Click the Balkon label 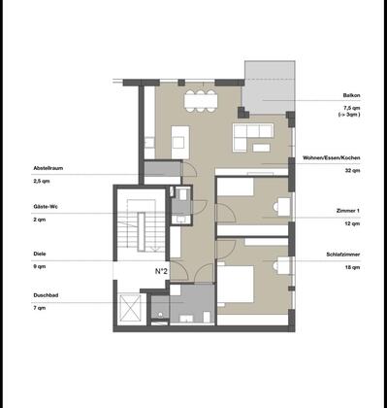click(x=351, y=95)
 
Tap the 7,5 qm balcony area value click(x=353, y=108)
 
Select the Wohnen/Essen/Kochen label click(x=332, y=158)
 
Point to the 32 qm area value click(x=353, y=171)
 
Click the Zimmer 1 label click(x=348, y=211)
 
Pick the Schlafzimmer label click(x=343, y=255)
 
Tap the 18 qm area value click(x=353, y=267)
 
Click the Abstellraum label click(x=48, y=168)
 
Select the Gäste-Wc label click(x=46, y=207)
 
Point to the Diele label click(x=40, y=254)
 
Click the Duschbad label click(x=46, y=295)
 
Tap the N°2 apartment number click(x=162, y=271)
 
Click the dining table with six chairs click(x=201, y=101)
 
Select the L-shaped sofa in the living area click(x=253, y=137)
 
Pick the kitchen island click(x=180, y=142)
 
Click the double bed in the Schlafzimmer click(x=236, y=285)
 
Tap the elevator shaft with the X click(x=130, y=309)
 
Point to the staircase click(x=142, y=226)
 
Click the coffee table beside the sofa click(x=261, y=148)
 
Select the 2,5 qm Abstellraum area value click(x=42, y=182)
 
